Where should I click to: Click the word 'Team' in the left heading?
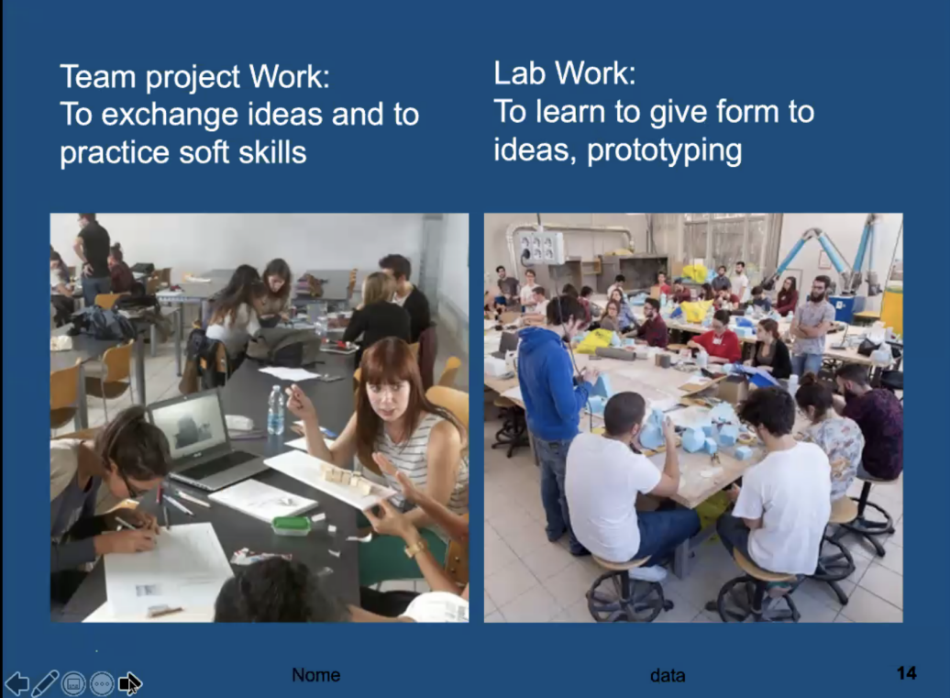[x=97, y=77]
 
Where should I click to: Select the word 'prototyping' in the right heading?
[x=664, y=150]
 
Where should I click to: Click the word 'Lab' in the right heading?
[x=520, y=73]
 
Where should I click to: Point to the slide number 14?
[x=906, y=673]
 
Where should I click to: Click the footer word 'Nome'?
[x=315, y=675]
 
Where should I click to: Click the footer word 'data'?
[x=668, y=676]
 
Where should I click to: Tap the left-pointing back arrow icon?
[x=17, y=683]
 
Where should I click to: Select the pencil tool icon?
[x=45, y=683]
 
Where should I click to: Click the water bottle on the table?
[x=276, y=410]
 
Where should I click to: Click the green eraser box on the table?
[x=292, y=525]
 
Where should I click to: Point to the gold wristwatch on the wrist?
[x=415, y=548]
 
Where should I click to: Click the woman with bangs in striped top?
[x=400, y=437]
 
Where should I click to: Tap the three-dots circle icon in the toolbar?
[x=102, y=684]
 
